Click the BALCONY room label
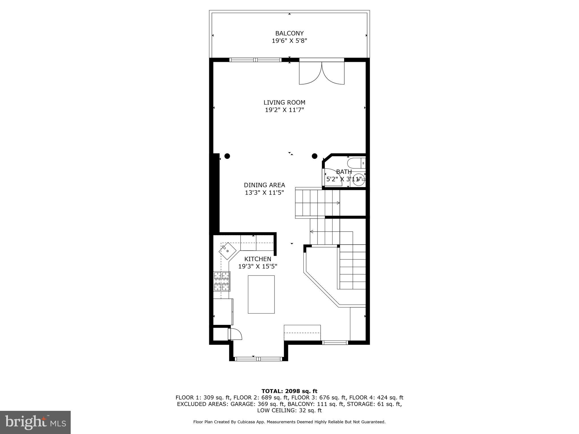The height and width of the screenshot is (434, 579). tap(289, 33)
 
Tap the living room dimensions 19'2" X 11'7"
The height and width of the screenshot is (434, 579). tap(284, 110)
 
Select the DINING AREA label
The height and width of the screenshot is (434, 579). tap(264, 185)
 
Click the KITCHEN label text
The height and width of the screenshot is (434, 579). tap(258, 259)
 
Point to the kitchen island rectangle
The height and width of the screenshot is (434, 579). tap(261, 294)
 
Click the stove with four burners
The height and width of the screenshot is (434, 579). tap(222, 281)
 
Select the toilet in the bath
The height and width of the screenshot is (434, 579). tap(356, 163)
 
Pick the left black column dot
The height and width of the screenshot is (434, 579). tap(227, 156)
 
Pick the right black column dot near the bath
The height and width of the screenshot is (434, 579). tap(314, 156)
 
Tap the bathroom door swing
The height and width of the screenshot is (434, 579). tap(332, 177)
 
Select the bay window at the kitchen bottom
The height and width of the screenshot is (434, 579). tap(258, 359)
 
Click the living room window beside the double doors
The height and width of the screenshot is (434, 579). tap(255, 60)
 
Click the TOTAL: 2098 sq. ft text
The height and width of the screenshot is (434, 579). tap(289, 391)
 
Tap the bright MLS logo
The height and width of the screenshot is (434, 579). tap(35, 422)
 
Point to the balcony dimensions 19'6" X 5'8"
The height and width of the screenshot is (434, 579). tap(289, 41)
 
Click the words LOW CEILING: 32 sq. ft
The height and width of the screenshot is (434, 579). tap(289, 410)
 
